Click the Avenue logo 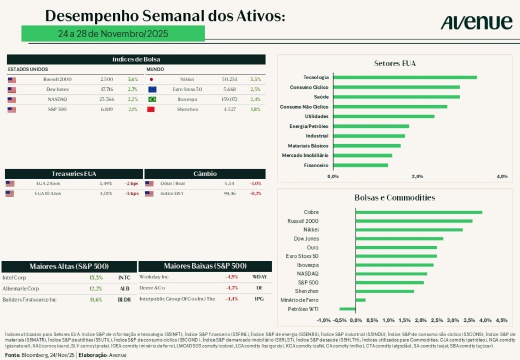coord(476,22)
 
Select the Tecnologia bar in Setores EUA coord(405,77)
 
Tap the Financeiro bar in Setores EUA coord(361,165)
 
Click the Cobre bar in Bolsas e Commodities coord(419,212)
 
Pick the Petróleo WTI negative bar coord(348,309)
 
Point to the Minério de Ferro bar coord(361,300)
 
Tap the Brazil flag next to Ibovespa coord(151,100)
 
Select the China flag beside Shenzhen coord(151,109)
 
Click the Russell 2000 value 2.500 coord(107,80)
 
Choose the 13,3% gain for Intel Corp coord(96,278)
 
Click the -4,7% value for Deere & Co coord(232,287)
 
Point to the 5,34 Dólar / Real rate coord(230,184)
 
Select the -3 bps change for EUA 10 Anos coord(132,193)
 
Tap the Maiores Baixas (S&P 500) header coord(205,266)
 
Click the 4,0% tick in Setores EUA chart coord(502,176)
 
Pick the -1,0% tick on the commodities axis coord(323,320)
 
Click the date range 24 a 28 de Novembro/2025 coord(113,34)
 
